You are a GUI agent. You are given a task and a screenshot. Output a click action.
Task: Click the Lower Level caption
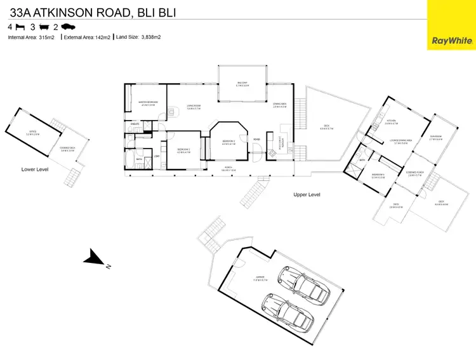tap(35, 170)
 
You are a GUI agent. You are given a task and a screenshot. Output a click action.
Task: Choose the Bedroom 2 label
tap(183, 150)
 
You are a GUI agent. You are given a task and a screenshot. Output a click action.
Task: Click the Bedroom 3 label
tap(228, 143)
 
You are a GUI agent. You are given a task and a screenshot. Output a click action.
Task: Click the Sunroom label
tap(435, 137)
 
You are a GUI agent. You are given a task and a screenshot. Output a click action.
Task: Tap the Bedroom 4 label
tap(378, 175)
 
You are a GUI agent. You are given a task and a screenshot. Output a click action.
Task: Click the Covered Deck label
tap(68, 149)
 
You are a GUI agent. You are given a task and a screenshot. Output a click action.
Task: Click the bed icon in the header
tap(20, 27)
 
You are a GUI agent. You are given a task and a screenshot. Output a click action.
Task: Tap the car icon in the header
tap(68, 27)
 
